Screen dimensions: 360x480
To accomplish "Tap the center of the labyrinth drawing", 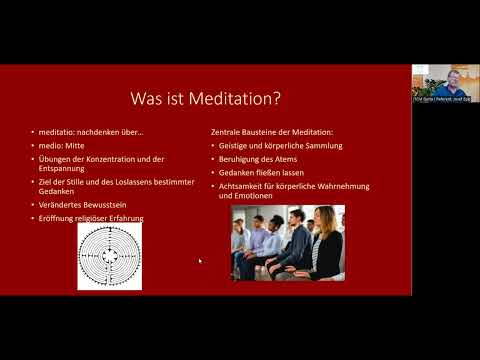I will tap(109, 257).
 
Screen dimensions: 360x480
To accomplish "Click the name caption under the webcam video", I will tap(445, 99).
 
